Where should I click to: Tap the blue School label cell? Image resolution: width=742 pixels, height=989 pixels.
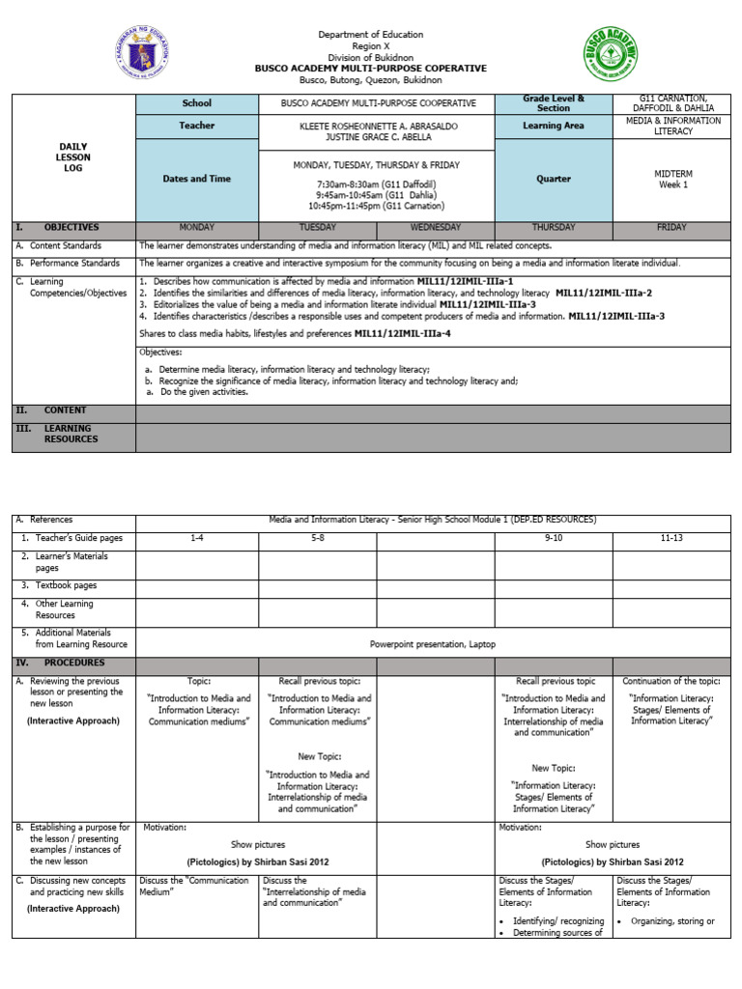point(196,103)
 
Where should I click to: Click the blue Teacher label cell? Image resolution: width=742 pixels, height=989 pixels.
point(196,126)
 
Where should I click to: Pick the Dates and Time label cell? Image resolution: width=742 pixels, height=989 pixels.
point(196,179)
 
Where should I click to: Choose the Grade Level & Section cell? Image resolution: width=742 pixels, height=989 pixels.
point(554,103)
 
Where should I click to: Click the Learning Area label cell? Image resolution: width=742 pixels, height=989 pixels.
point(554,126)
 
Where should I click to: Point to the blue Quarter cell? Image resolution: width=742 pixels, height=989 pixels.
point(554,179)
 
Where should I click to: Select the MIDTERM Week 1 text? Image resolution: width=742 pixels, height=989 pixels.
point(671,179)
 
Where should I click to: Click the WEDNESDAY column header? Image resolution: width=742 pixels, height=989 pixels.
point(435,228)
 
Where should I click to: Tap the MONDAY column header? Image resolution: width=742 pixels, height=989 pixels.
point(197,228)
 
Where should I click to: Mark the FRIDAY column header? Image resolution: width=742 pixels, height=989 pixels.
point(671,228)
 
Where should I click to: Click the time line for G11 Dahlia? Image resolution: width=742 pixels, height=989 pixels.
point(376,194)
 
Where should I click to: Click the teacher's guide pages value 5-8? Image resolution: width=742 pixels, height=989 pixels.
point(317,537)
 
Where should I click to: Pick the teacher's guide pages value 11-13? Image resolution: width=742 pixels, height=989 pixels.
point(671,537)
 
